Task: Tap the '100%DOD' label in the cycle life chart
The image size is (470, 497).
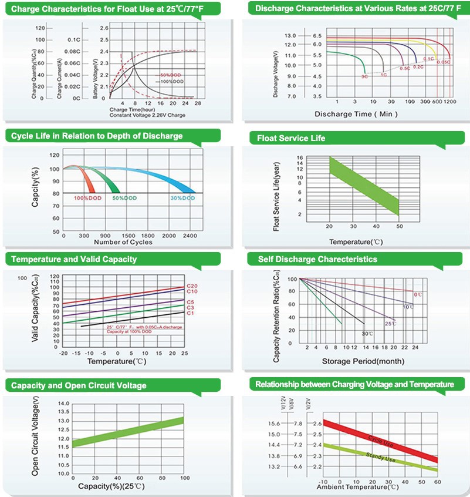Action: [x=87, y=199]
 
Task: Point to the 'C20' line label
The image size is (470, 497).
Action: [x=191, y=286]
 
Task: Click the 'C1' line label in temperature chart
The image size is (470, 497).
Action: [x=190, y=314]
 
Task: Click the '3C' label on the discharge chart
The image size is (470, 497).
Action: [x=364, y=76]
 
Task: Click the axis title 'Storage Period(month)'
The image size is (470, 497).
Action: [x=353, y=360]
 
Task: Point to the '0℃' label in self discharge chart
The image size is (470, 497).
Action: [x=418, y=294]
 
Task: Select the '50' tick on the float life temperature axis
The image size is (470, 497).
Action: [x=399, y=226]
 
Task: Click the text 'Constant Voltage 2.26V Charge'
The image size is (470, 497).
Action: [x=147, y=115]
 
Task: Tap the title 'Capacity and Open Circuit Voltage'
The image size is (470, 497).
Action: [x=79, y=385]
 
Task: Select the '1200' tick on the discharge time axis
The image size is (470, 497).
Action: [x=450, y=102]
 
